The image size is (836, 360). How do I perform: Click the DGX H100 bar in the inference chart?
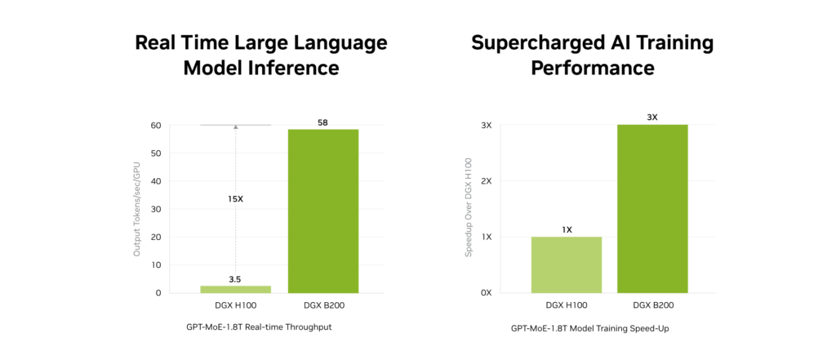pos(235,289)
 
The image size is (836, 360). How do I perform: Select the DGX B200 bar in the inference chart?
pos(322,211)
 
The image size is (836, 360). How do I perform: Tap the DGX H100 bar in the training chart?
pos(567,264)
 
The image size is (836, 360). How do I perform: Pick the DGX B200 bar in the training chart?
pos(652,208)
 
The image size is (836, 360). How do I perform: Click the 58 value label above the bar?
pos(322,122)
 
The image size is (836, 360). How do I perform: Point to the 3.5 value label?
pos(235,279)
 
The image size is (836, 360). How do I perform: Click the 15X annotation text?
pos(235,198)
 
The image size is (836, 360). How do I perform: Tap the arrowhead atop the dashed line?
pos(235,127)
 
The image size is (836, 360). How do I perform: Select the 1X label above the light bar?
pos(567,229)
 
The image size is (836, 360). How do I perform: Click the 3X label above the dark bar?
pos(652,118)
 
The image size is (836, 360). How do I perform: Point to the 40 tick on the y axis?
pos(156,181)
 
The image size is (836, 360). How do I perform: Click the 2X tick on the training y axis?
pos(486,181)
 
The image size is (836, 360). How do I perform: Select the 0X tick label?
pos(486,292)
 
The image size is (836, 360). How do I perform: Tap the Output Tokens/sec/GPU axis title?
pos(137,209)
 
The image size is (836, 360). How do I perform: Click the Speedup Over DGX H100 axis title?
pos(469,209)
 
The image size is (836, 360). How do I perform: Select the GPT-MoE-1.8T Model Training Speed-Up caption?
pos(585,328)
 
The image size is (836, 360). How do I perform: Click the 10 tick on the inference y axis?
pos(156,264)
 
